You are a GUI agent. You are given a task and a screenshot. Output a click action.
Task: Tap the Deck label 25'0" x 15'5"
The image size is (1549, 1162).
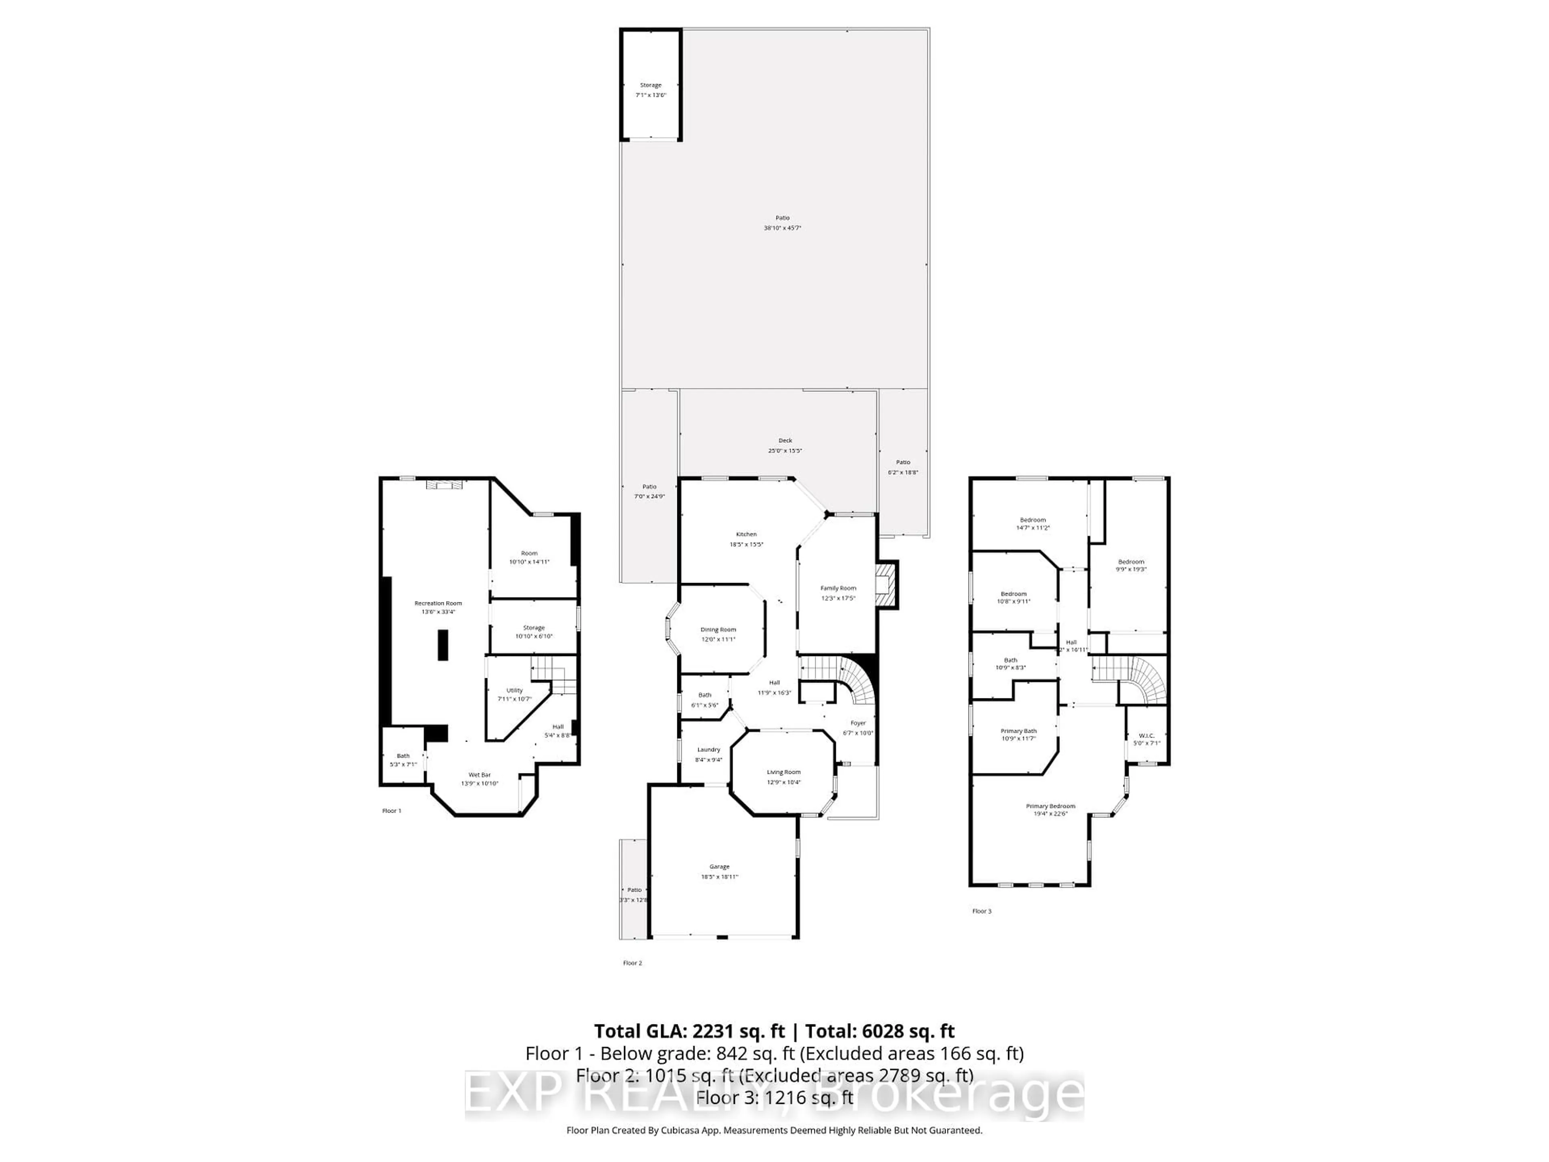coord(785,445)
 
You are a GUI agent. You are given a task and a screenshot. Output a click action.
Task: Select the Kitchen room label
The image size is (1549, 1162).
coord(746,539)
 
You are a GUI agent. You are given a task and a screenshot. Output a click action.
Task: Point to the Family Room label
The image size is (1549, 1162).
coord(838,593)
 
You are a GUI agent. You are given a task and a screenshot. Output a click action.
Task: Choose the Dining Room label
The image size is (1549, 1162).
coord(718,634)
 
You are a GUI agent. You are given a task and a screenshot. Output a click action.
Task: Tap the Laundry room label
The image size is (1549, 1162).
coord(709,754)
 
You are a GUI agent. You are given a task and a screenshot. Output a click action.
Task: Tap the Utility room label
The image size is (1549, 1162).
coord(515,694)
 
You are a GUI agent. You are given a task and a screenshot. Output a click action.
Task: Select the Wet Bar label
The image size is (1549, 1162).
coord(480,779)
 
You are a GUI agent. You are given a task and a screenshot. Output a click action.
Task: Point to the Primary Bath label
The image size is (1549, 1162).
coord(1018,734)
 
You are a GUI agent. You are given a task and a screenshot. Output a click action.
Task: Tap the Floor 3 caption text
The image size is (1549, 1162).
coord(982,911)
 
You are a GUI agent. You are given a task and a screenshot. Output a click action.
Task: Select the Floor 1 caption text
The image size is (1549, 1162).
coord(391,811)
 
